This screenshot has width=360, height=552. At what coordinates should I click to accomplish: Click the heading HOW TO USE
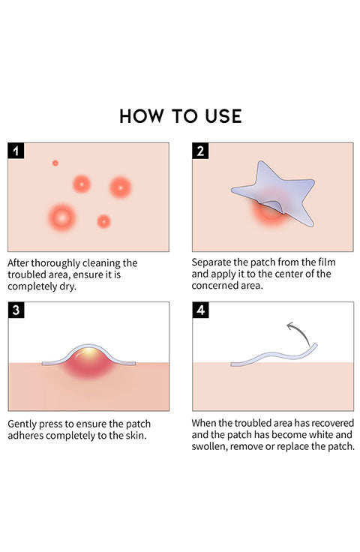pos(181,116)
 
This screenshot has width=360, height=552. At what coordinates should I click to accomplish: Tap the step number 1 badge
pos(16,151)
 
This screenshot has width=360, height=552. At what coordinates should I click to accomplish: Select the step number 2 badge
pos(200,151)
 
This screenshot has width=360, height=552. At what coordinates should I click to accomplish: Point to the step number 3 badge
pos(16,310)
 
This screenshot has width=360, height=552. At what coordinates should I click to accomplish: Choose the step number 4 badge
pos(200,310)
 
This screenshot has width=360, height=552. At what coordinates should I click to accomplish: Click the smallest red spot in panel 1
pos(55,163)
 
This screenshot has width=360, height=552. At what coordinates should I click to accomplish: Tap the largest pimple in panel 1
pos(62,218)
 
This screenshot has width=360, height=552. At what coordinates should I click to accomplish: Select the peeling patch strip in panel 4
pos(274,355)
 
